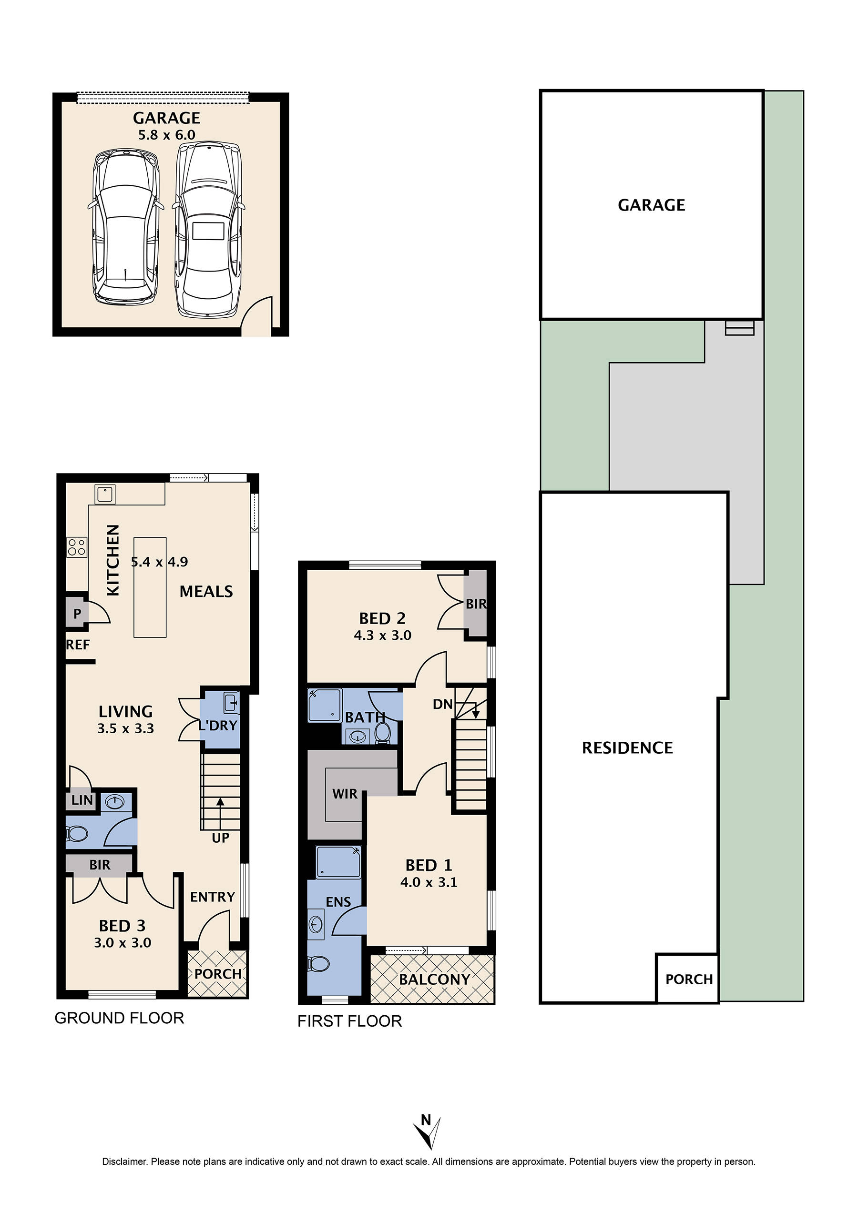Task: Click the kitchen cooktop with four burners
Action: click(x=77, y=546)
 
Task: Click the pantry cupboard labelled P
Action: click(x=77, y=614)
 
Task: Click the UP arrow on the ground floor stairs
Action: click(x=220, y=808)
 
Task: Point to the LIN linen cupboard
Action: click(x=82, y=800)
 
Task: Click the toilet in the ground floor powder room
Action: click(x=77, y=834)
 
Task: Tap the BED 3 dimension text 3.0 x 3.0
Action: click(x=123, y=943)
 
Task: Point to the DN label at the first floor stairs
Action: click(x=443, y=704)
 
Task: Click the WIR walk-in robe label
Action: click(x=345, y=794)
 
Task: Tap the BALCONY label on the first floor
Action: click(x=434, y=979)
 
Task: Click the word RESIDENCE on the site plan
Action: click(x=627, y=748)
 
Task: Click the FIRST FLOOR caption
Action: click(x=350, y=1021)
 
